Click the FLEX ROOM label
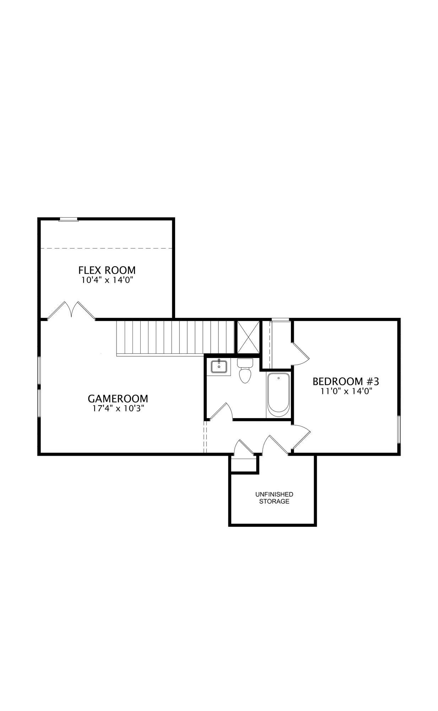pos(107,270)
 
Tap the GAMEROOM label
pos(118,399)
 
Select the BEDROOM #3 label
pos(346,382)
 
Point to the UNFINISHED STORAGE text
pos(274,498)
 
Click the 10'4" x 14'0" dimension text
pos(108,280)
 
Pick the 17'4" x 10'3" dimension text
pos(118,408)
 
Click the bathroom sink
pos(219,366)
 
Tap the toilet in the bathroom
pos(245,370)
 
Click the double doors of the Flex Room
pos(71,310)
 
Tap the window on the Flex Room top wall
pos(68,219)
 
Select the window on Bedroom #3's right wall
pos(399,429)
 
